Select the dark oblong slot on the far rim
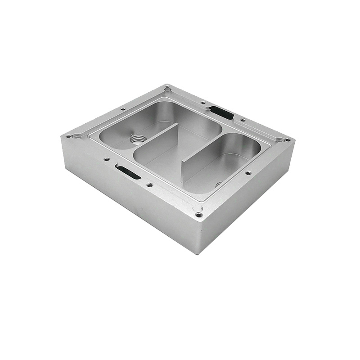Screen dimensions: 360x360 (221, 112)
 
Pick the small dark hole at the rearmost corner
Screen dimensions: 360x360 (167, 86)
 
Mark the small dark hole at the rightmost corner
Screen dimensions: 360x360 (288, 139)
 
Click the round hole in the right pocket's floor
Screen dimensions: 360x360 (219, 184)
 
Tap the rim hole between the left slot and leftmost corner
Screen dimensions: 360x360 (107, 159)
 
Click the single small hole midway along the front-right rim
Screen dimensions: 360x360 (248, 173)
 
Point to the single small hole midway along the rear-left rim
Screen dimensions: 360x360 (123, 109)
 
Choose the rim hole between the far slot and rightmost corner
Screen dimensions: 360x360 (243, 120)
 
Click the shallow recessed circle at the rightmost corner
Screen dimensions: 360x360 (281, 140)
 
